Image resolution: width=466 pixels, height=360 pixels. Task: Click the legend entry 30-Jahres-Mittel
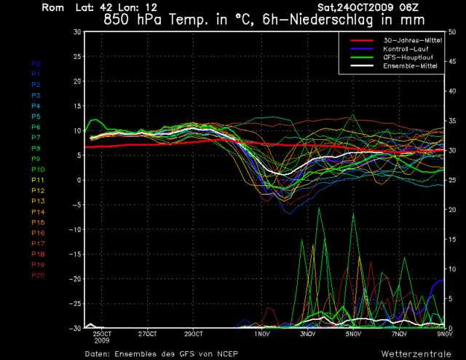(x=408, y=39)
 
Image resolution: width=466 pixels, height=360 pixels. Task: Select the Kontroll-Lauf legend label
(x=406, y=48)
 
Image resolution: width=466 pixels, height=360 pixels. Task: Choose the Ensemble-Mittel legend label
(x=408, y=66)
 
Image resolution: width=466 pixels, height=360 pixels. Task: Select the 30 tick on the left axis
(x=76, y=32)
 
